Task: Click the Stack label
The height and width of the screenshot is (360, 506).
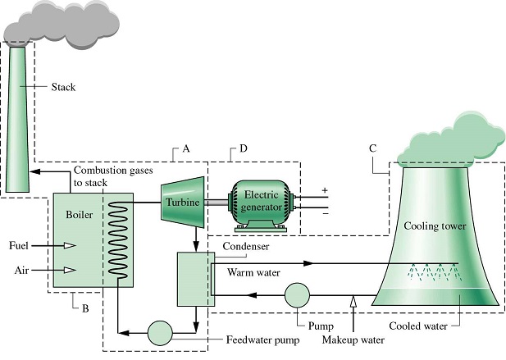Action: (63, 87)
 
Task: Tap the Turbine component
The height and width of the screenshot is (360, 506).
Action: (183, 202)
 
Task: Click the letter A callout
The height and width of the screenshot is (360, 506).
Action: (186, 148)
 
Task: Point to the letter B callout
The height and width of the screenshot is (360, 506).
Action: (85, 308)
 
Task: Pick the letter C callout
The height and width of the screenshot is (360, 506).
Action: (372, 148)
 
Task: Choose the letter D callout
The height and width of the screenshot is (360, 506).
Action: (244, 148)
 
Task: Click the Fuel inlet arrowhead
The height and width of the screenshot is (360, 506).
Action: (70, 246)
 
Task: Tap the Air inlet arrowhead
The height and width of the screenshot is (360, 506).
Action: (70, 270)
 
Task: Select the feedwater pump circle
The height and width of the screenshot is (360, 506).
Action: (160, 333)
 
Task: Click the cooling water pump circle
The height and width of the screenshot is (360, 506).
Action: (297, 295)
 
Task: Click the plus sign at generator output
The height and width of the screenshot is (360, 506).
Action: (325, 190)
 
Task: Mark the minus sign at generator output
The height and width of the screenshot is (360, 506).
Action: (326, 213)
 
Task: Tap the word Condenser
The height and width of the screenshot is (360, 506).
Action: (246, 247)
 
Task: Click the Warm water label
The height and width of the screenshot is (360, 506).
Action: (253, 272)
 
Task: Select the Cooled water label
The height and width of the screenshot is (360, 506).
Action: (418, 326)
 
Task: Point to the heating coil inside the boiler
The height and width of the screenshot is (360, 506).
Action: (117, 239)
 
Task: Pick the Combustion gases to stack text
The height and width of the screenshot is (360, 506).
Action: (113, 176)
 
